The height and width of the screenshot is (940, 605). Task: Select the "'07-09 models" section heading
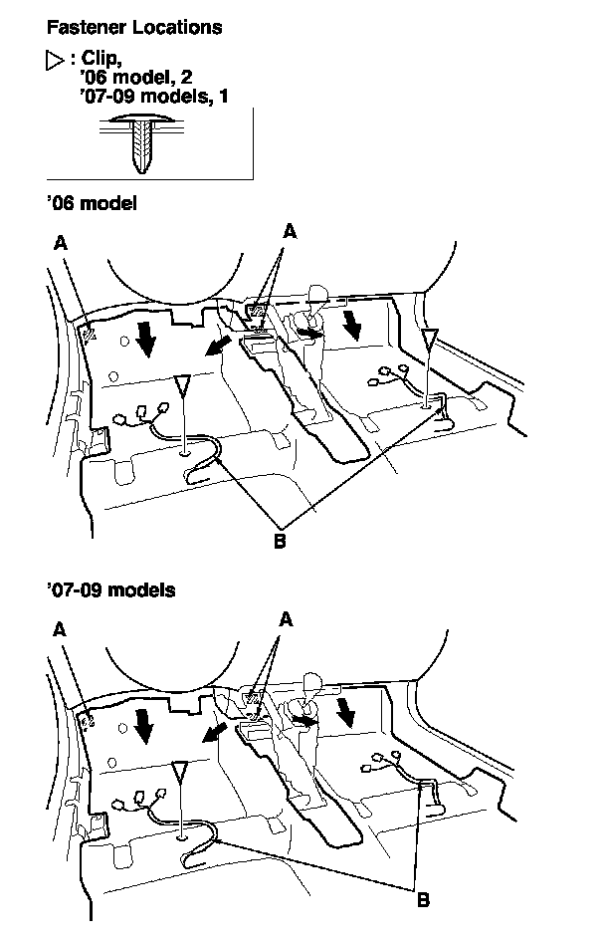pyautogui.click(x=110, y=589)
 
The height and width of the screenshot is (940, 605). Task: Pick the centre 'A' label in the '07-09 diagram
pyautogui.click(x=288, y=618)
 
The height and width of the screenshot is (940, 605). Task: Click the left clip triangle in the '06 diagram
pyautogui.click(x=182, y=386)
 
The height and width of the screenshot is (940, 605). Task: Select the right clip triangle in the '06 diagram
pyautogui.click(x=428, y=343)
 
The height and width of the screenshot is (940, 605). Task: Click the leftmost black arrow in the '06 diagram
pyautogui.click(x=146, y=340)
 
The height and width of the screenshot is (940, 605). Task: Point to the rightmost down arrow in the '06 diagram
pyautogui.click(x=350, y=323)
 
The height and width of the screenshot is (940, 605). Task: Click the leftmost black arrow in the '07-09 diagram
pyautogui.click(x=146, y=726)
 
